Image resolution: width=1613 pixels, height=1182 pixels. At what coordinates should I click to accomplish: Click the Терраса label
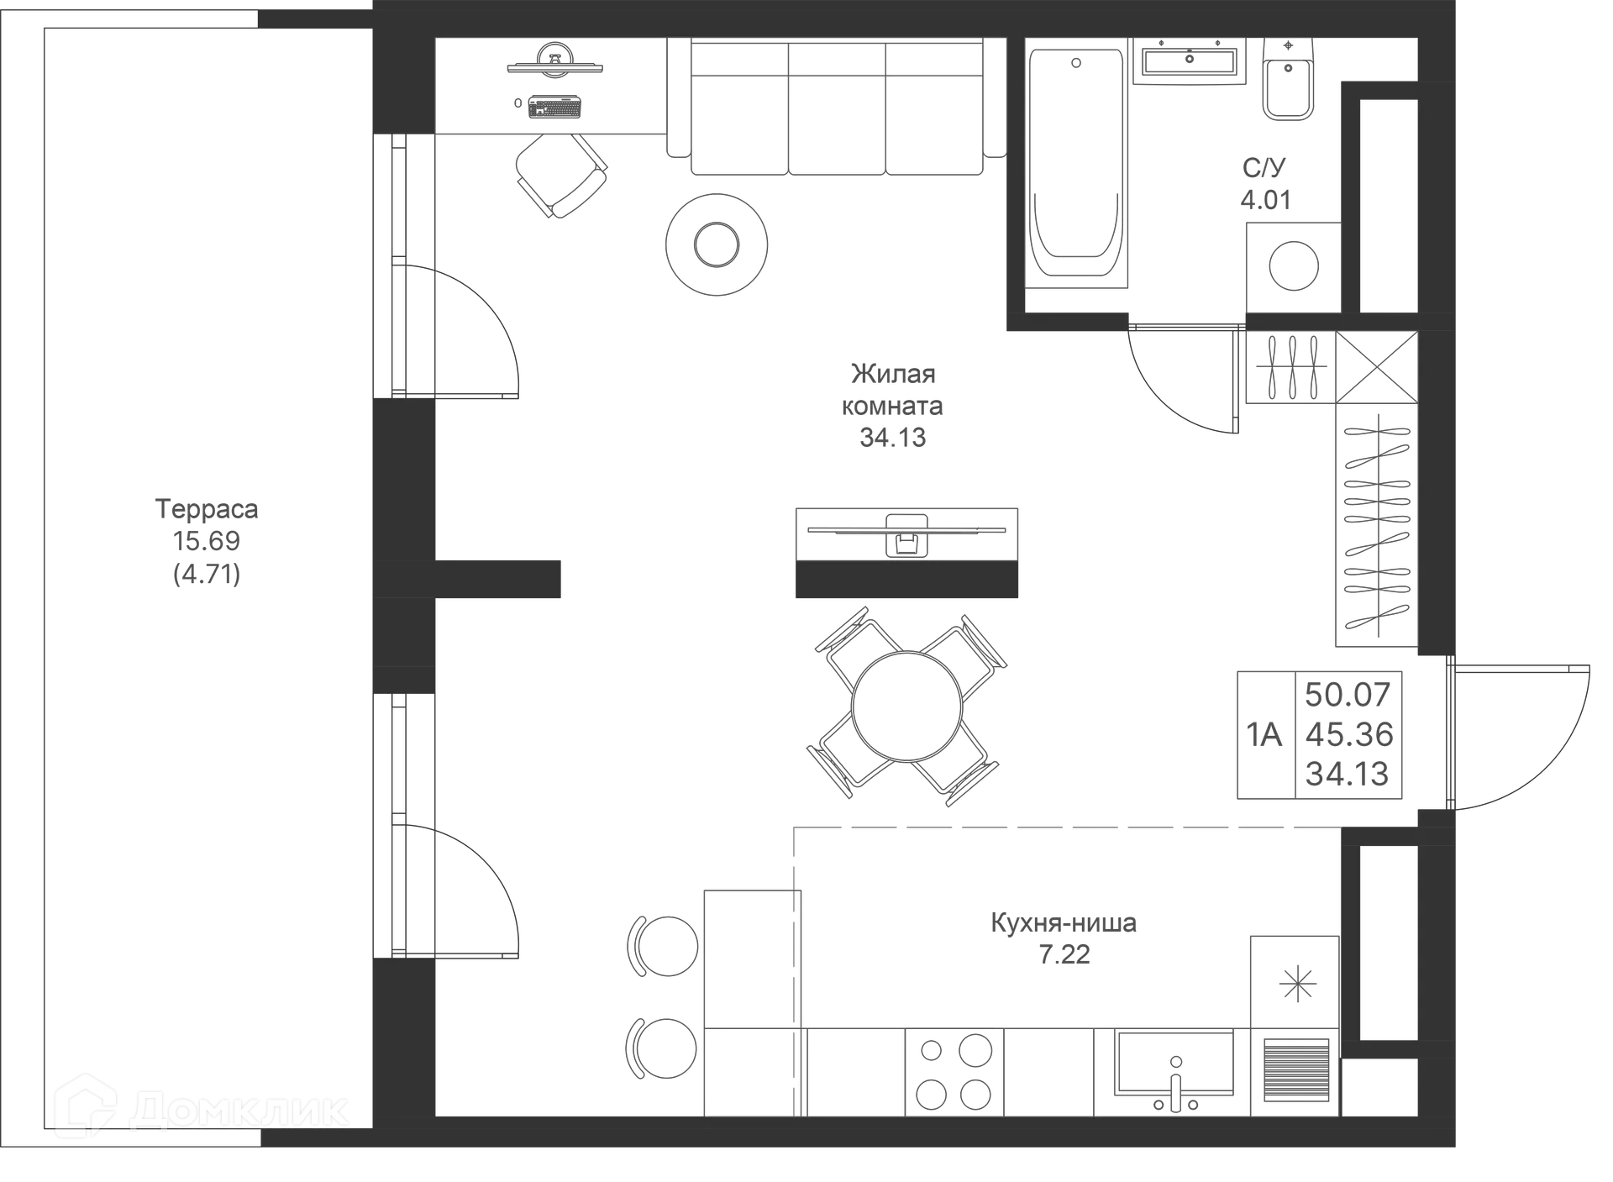pos(207,509)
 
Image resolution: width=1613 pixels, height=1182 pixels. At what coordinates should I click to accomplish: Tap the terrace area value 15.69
pos(207,541)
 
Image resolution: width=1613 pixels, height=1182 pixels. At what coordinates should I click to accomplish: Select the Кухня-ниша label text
pos(1064,923)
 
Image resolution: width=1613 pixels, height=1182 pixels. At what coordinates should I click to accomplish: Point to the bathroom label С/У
pos(1264,168)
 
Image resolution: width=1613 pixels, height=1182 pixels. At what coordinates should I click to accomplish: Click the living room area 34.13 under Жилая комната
pos(892,438)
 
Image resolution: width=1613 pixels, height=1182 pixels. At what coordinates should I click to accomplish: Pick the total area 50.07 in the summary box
pos(1348,695)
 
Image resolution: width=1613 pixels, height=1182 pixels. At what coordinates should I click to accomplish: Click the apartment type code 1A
pos(1264,735)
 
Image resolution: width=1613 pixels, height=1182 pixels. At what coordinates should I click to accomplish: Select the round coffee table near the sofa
pos(717,244)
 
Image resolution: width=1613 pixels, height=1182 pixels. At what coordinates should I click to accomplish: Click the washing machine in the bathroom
pos(1293,266)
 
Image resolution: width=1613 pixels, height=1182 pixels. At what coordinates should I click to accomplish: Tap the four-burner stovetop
pos(954,1072)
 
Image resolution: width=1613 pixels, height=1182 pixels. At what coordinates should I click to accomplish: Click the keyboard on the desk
pos(554,108)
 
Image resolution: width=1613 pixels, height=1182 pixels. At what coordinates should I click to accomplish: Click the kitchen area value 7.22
pos(1064,955)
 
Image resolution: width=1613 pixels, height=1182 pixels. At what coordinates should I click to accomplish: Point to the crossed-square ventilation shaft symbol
pos(1376,368)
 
